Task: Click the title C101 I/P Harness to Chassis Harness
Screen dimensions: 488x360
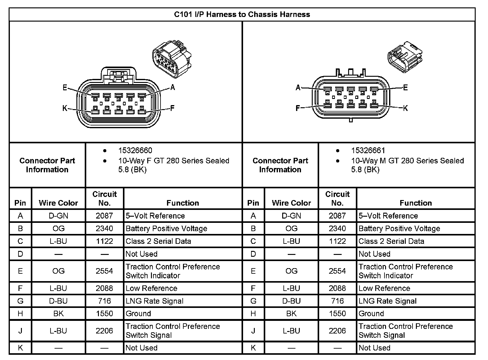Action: click(x=242, y=14)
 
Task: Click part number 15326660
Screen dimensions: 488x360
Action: click(x=135, y=150)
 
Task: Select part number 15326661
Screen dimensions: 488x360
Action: click(x=368, y=150)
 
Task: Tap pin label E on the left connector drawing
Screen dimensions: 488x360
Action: click(x=65, y=88)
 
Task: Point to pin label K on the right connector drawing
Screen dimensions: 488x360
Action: click(x=405, y=108)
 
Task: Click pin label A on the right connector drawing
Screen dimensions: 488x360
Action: click(x=298, y=88)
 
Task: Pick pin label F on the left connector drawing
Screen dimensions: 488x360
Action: click(x=172, y=108)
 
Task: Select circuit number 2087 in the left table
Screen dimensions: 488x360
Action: click(x=104, y=216)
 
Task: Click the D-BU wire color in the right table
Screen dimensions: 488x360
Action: click(x=291, y=301)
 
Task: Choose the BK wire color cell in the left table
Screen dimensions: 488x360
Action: click(x=58, y=313)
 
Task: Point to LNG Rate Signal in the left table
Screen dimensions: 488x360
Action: click(x=155, y=301)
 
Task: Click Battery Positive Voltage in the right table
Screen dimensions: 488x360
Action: click(x=399, y=228)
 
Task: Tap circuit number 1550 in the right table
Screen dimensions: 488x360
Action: click(x=337, y=313)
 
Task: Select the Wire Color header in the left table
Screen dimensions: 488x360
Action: click(x=58, y=203)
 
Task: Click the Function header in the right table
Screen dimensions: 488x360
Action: click(x=416, y=203)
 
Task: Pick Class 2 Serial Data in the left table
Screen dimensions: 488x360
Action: click(x=158, y=241)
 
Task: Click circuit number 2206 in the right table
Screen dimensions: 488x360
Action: click(x=337, y=331)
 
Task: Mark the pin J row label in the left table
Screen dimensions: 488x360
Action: click(x=20, y=331)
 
